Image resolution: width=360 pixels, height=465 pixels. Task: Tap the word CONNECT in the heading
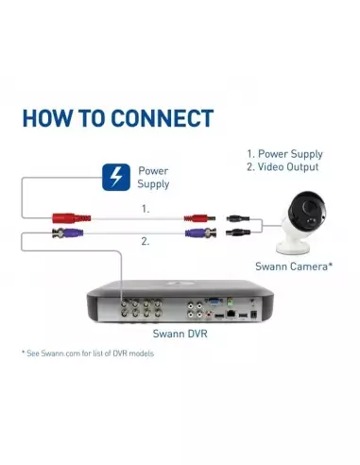pyautogui.click(x=163, y=118)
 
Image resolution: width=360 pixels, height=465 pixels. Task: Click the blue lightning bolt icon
pyautogui.click(x=116, y=177)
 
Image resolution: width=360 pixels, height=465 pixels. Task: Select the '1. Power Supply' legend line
pyautogui.click(x=284, y=154)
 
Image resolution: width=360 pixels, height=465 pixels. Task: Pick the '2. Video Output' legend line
pyautogui.click(x=283, y=167)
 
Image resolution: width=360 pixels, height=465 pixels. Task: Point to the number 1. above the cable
pyautogui.click(x=146, y=209)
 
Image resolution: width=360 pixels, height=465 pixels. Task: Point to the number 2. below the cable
pyautogui.click(x=145, y=242)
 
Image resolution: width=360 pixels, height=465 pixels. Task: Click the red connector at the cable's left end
pyautogui.click(x=72, y=218)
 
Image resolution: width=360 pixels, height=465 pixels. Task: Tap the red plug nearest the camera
pyautogui.click(x=199, y=218)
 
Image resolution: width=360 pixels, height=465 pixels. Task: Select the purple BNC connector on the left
pyautogui.click(x=68, y=233)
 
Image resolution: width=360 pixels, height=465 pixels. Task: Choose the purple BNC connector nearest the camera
pyautogui.click(x=200, y=233)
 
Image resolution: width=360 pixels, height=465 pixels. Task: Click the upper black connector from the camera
pyautogui.click(x=238, y=218)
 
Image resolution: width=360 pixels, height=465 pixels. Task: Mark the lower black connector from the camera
pyautogui.click(x=238, y=233)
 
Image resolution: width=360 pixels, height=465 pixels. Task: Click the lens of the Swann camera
pyautogui.click(x=309, y=208)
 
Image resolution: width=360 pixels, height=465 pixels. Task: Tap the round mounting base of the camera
pyautogui.click(x=291, y=248)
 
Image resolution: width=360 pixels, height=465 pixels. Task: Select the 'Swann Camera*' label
pyautogui.click(x=294, y=267)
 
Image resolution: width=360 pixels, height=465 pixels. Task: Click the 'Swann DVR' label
pyautogui.click(x=180, y=334)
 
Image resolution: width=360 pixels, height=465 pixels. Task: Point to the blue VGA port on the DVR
pyautogui.click(x=214, y=302)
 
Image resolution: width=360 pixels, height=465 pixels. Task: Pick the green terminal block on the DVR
pyautogui.click(x=230, y=301)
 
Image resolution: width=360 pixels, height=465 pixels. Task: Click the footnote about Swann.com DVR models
pyautogui.click(x=88, y=353)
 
